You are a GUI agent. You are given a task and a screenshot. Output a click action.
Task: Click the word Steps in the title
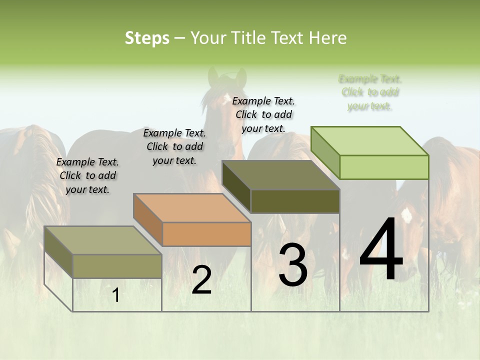pos(147,38)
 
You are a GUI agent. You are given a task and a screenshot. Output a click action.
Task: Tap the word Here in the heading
pos(328,38)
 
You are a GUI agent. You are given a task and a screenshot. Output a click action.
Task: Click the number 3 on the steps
pos(293,265)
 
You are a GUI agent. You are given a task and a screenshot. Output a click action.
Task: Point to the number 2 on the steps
pos(201,279)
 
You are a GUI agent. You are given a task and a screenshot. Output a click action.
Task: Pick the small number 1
pos(116,295)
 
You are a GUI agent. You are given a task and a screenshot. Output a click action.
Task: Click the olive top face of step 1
pos(103,240)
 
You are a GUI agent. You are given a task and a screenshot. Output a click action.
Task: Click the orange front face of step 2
pos(207,234)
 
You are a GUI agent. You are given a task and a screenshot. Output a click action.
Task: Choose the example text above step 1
pos(87,175)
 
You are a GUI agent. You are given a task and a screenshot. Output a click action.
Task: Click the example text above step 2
pos(174,146)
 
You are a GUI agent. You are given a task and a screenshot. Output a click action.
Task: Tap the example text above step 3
pos(263,114)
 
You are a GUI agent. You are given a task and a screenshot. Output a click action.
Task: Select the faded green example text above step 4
pos(370,92)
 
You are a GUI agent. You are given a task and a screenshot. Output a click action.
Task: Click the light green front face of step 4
pos(384,167)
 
